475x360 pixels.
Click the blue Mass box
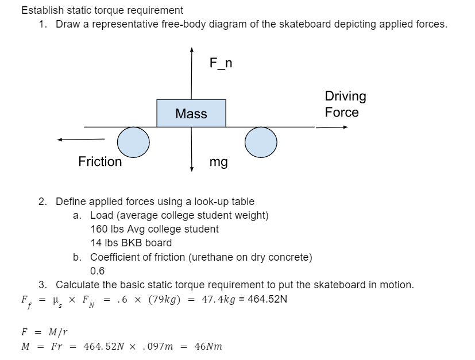191,113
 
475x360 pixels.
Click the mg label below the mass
218,162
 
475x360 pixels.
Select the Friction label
100,162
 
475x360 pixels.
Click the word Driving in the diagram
345,96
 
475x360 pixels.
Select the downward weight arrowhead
191,169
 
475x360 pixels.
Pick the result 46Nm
208,346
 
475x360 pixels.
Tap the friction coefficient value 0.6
98,270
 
